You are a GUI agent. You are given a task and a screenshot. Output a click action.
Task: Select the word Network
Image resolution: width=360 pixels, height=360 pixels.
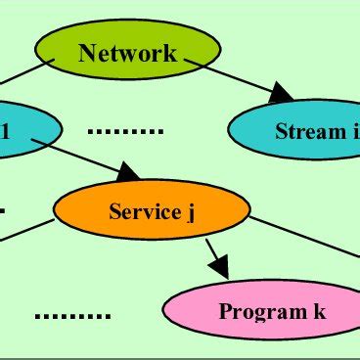coord(128,53)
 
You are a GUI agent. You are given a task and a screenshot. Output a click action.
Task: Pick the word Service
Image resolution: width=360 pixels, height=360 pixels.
coord(145,211)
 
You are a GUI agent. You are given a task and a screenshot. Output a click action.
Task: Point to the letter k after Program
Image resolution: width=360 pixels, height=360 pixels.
coord(319,312)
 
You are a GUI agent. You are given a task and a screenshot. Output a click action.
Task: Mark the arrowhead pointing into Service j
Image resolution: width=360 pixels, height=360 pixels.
coord(128,175)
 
